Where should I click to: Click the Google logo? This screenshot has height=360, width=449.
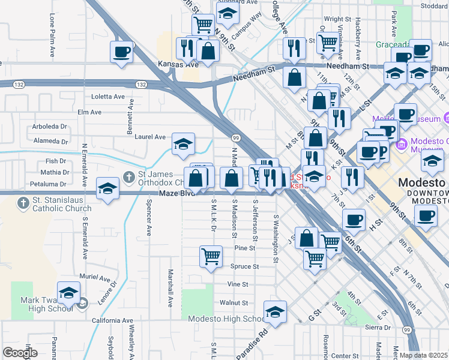pyautogui.click(x=20, y=353)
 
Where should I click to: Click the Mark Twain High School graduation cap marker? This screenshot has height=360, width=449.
pyautogui.click(x=69, y=294)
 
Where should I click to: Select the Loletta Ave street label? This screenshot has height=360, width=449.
pyautogui.click(x=108, y=96)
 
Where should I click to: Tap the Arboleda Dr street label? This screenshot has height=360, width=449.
pyautogui.click(x=50, y=127)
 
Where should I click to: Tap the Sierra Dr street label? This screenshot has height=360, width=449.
pyautogui.click(x=378, y=328)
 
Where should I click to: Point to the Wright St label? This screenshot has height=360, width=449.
pyautogui.click(x=337, y=19)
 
